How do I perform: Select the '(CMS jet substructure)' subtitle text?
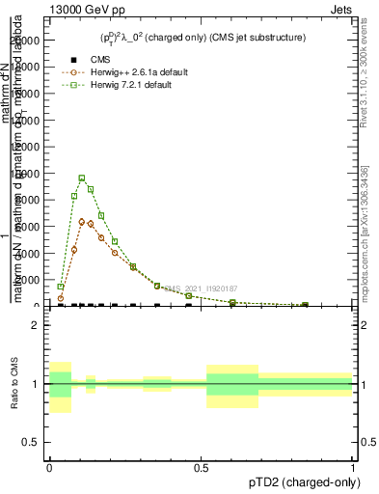261,38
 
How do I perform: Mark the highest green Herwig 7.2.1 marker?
82,178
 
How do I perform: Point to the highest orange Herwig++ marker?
82,221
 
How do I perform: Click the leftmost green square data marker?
60,287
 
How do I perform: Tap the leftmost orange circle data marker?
60,299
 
